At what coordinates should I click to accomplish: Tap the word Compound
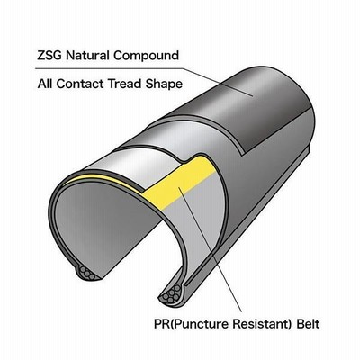click(146, 57)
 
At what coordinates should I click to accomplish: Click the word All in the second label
click(45, 84)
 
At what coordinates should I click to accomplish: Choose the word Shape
click(164, 85)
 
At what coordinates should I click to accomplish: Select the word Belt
click(308, 324)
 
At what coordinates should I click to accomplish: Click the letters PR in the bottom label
click(161, 324)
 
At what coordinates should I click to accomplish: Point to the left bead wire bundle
click(87, 273)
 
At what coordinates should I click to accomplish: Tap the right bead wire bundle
click(171, 294)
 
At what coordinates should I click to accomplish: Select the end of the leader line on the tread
click(253, 96)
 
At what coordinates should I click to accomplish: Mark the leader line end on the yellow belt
click(178, 187)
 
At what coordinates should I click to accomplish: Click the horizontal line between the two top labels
click(110, 68)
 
